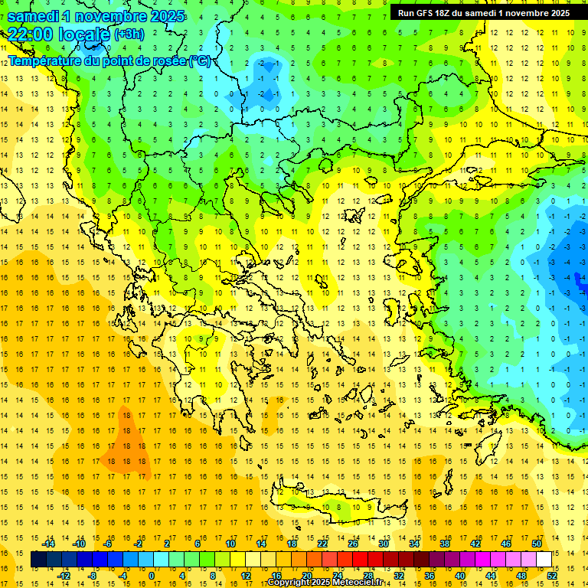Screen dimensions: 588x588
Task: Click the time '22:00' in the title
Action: pyautogui.click(x=31, y=34)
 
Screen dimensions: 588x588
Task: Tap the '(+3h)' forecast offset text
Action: pyautogui.click(x=128, y=34)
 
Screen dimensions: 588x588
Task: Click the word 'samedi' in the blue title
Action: pyautogui.click(x=33, y=16)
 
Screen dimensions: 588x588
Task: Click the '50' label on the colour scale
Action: pyautogui.click(x=536, y=544)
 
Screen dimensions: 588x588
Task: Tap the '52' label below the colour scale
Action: pyautogui.click(x=551, y=575)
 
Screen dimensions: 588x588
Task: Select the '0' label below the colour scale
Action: pyautogui.click(x=152, y=575)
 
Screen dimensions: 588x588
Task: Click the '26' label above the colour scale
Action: pyautogui.click(x=353, y=544)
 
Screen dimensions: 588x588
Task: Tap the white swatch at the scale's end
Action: pyautogui.click(x=544, y=560)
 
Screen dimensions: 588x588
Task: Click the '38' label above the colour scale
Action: pyautogui.click(x=444, y=544)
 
